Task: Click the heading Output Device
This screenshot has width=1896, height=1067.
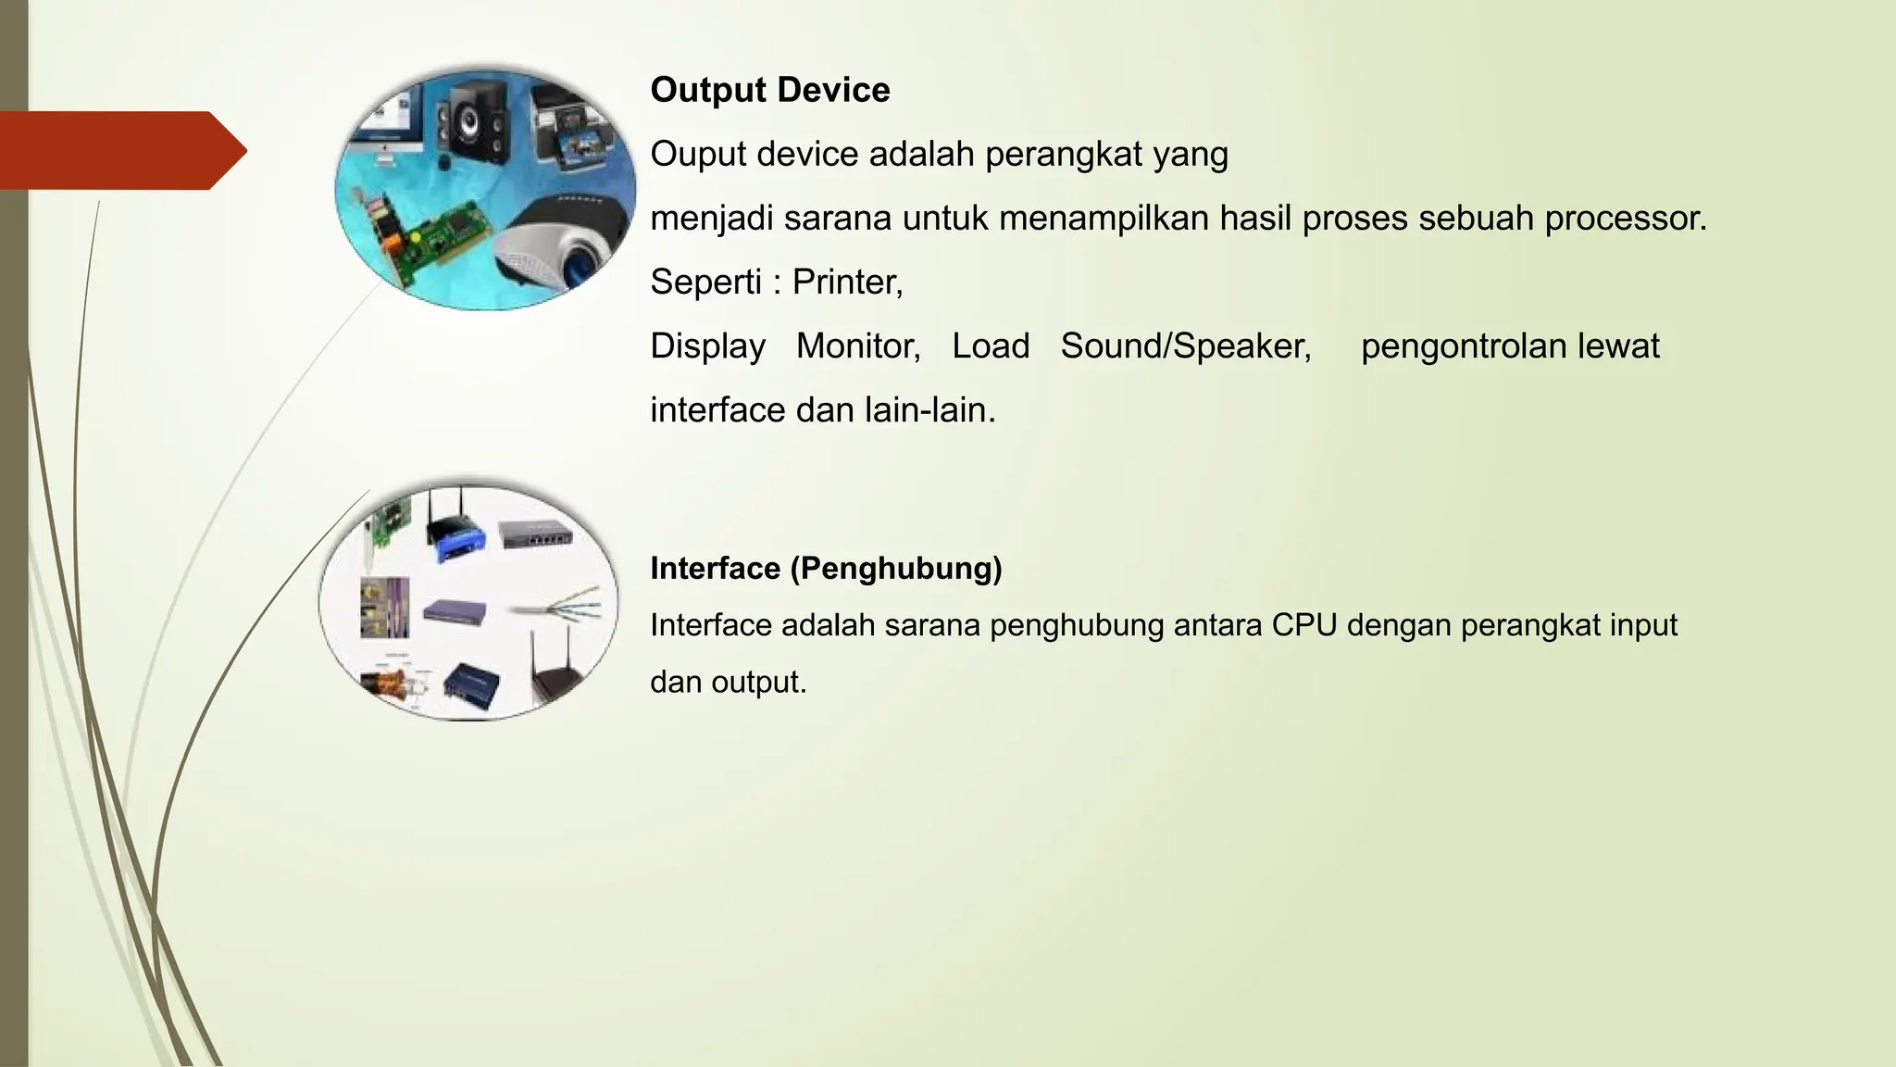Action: (769, 90)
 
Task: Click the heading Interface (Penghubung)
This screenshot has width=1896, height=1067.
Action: (826, 568)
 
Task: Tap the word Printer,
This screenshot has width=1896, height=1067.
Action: (847, 282)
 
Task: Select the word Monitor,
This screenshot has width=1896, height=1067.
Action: (858, 346)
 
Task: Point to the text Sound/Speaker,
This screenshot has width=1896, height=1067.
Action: (1186, 346)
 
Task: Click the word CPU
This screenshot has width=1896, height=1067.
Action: (1303, 625)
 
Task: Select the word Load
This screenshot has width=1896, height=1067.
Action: (991, 346)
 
